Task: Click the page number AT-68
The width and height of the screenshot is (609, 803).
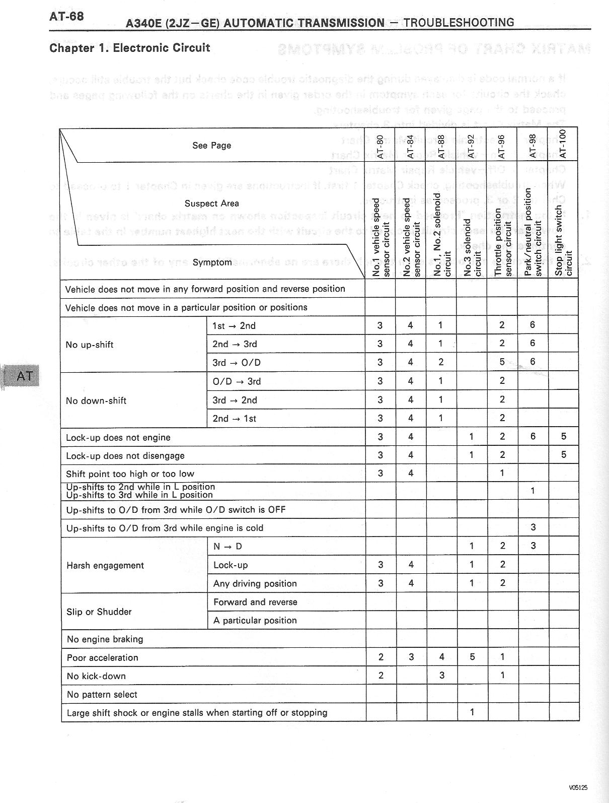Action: point(66,16)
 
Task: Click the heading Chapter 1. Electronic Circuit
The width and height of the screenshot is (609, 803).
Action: point(129,48)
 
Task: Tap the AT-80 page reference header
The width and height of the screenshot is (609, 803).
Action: point(380,146)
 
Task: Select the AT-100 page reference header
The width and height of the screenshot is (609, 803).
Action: point(563,144)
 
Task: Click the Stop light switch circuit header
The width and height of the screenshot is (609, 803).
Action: point(563,241)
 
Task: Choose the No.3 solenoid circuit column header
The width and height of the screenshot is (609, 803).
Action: point(472,247)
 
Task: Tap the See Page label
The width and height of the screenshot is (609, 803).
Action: point(211,146)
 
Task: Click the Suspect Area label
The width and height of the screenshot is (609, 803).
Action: point(211,204)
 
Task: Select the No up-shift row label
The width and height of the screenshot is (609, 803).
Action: point(90,345)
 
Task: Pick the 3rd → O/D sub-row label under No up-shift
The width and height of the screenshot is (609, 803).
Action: point(237,363)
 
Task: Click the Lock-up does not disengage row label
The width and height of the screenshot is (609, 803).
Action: point(125,456)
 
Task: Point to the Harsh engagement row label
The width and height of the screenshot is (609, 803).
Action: point(105,565)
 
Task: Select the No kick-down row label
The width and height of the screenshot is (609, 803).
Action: point(96,676)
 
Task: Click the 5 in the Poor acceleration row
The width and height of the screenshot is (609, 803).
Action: point(472,657)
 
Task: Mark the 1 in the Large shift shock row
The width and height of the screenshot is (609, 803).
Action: point(472,712)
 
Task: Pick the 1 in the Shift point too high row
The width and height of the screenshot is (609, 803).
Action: point(502,473)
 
